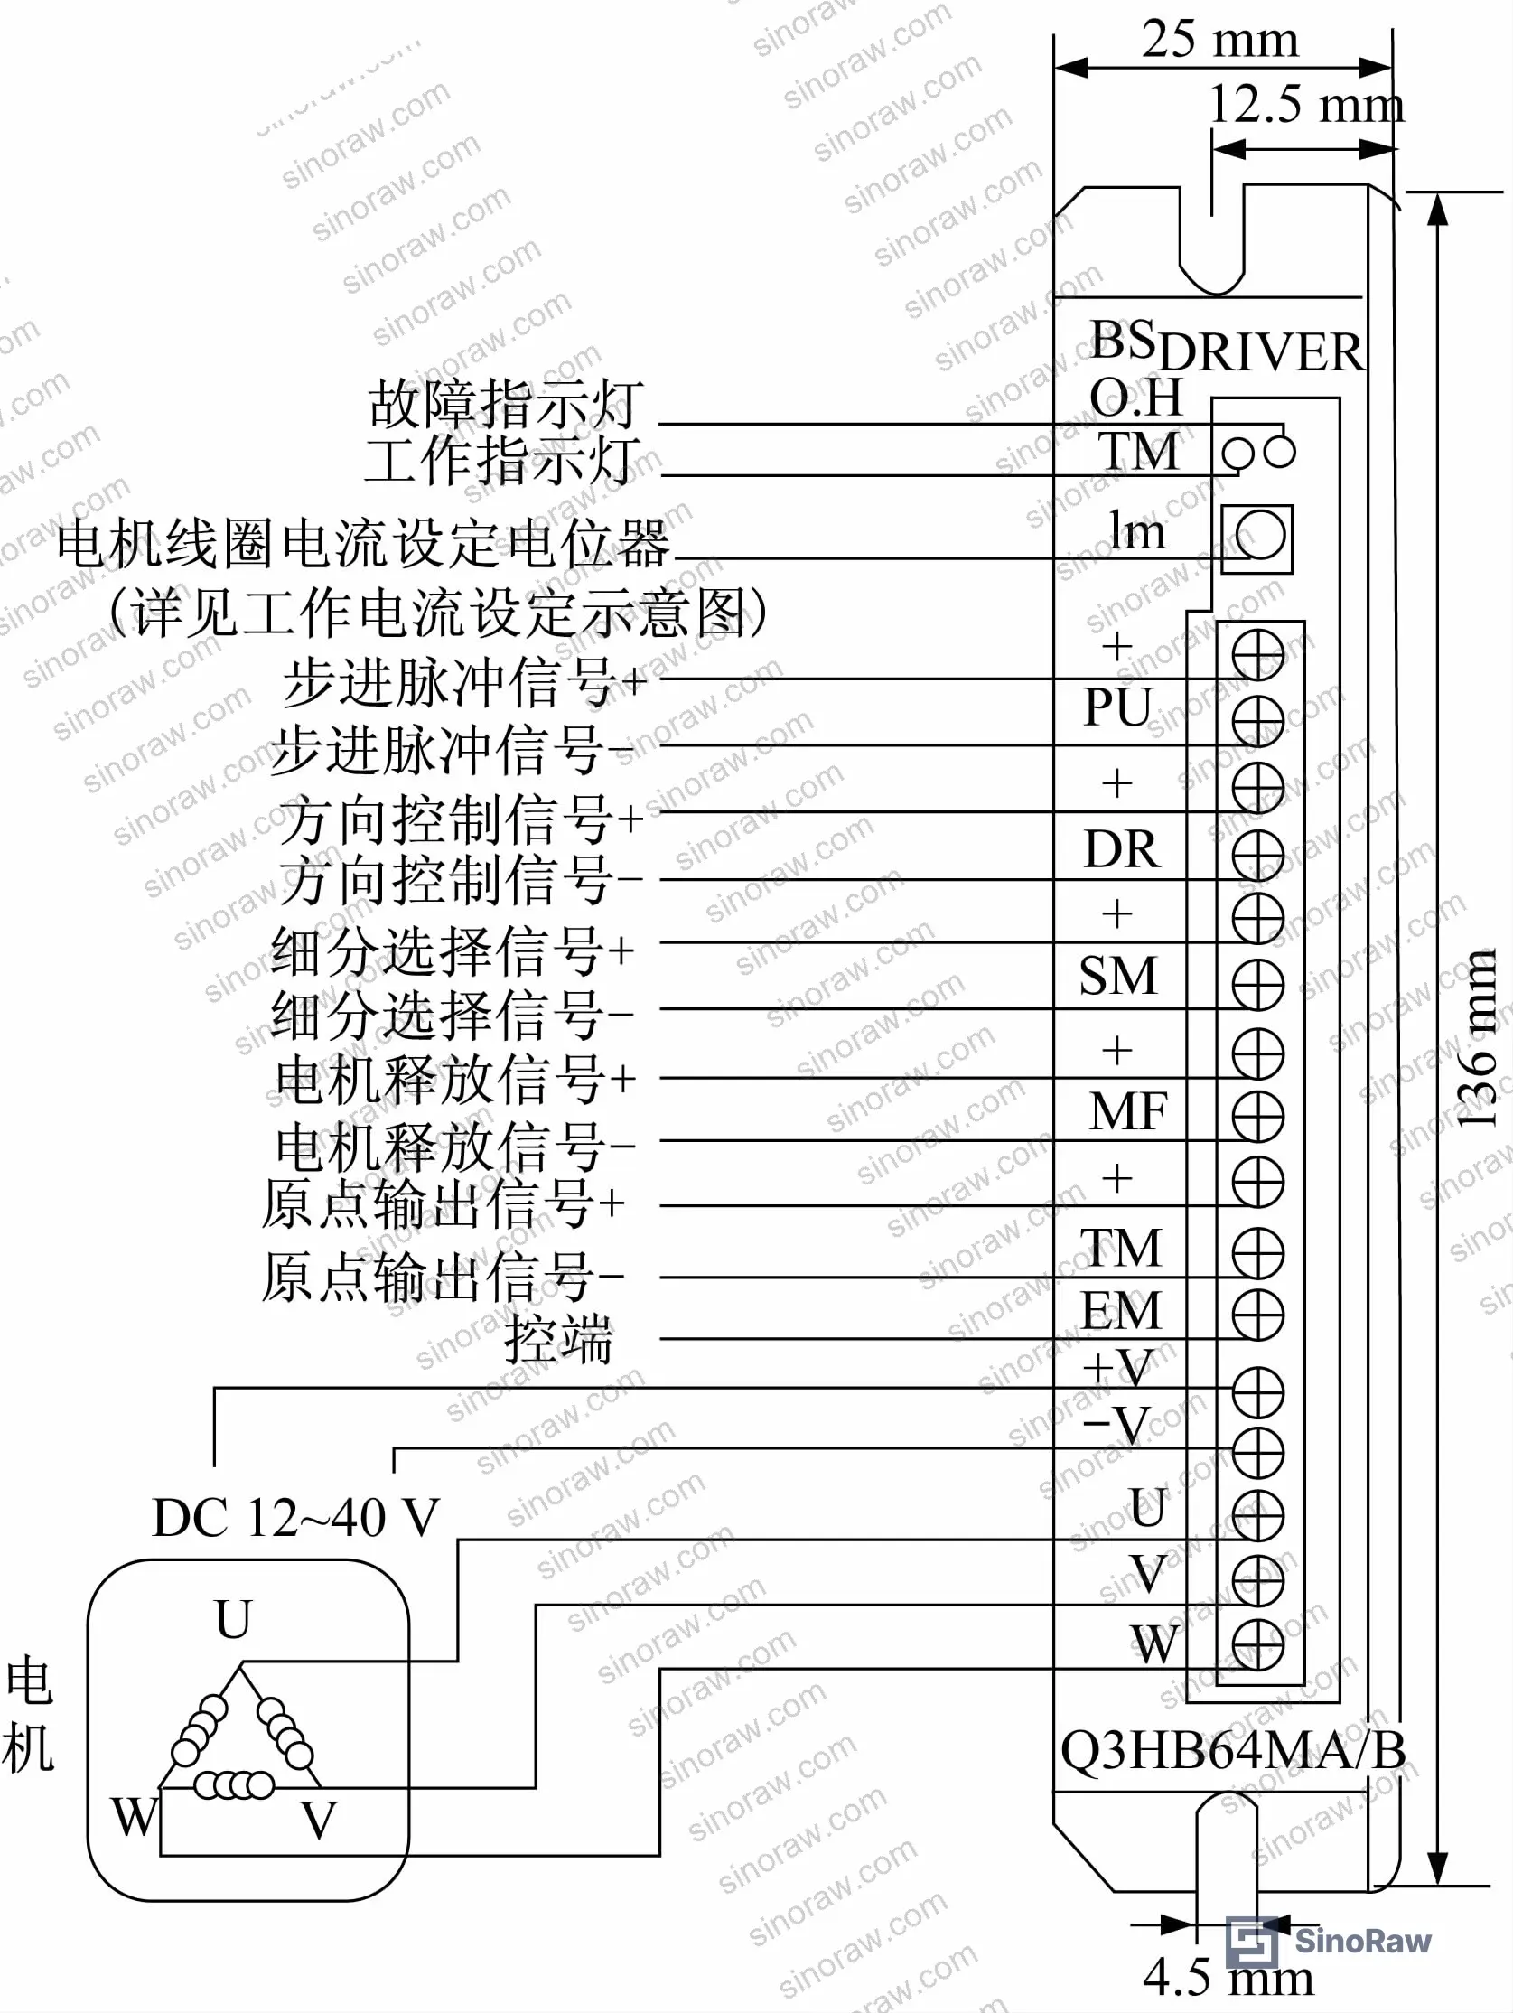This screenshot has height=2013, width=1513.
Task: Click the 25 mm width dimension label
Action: [1220, 39]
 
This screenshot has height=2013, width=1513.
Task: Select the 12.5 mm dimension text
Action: [1305, 104]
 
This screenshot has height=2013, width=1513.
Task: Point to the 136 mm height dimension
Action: [1478, 1038]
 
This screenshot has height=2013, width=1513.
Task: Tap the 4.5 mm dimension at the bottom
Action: [1228, 1976]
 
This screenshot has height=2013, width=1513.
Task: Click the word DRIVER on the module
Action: [1261, 352]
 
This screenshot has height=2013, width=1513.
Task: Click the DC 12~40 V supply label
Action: [295, 1517]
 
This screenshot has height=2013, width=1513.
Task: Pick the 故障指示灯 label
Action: [506, 403]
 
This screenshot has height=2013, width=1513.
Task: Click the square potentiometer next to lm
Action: [1256, 537]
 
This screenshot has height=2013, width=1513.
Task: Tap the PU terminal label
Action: [1118, 707]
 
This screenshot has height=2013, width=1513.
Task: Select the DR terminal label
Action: [1122, 848]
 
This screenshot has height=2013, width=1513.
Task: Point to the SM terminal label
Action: [1118, 976]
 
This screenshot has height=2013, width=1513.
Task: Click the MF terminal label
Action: [1128, 1110]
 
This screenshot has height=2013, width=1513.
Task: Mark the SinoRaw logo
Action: [1330, 1941]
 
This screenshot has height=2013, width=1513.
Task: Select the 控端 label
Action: [558, 1339]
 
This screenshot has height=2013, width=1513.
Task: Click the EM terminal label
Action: [1121, 1310]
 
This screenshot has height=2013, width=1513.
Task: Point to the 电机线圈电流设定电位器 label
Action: [363, 544]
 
